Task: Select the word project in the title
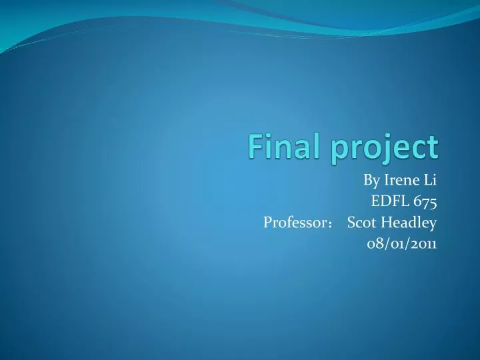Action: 386,147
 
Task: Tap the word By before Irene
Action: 371,179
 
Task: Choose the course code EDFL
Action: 389,201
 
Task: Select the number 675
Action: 425,201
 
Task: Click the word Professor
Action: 291,222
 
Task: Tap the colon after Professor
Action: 323,223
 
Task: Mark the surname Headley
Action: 409,222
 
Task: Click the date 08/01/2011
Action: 402,243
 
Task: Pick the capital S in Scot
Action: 351,222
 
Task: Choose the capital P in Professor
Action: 268,222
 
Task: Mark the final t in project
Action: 434,147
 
